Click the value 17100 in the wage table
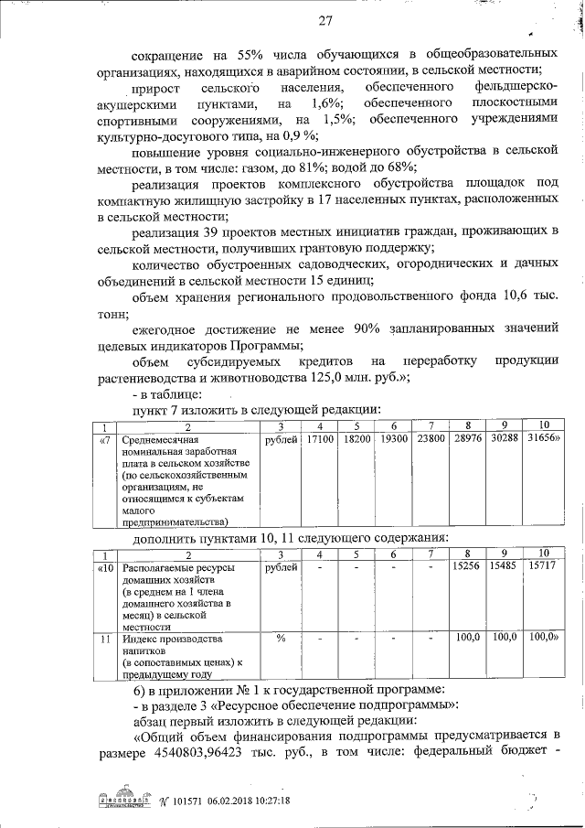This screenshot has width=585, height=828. [320, 441]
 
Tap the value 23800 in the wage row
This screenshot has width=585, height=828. [430, 441]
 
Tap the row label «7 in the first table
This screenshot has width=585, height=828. [106, 441]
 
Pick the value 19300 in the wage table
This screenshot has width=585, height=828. [393, 441]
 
